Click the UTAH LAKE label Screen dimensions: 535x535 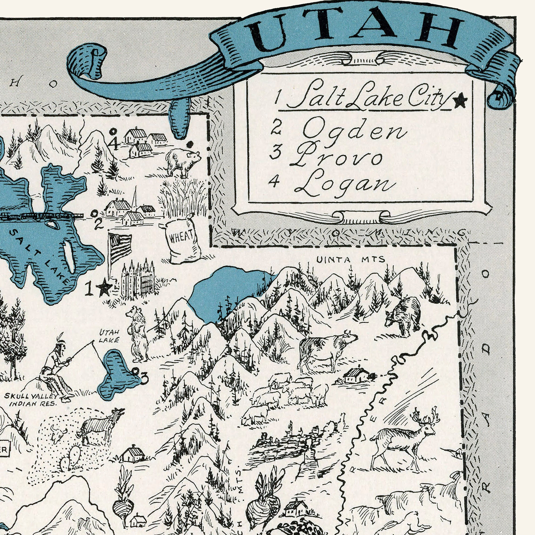pyautogui.click(x=109, y=336)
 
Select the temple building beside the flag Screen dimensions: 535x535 pyautogui.click(x=138, y=280)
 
